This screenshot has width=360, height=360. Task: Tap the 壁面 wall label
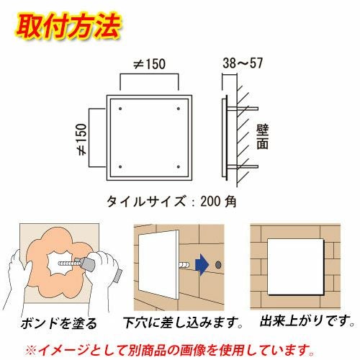(262, 137)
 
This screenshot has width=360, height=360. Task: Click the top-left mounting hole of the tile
(120, 109)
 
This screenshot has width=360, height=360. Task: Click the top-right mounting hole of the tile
(179, 109)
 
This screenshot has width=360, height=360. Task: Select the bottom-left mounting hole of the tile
(120, 167)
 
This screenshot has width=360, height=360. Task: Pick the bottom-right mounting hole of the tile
(179, 167)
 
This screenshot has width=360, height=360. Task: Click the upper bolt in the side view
(243, 109)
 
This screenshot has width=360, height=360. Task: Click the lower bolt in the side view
(243, 166)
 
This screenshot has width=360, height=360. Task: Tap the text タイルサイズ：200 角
(171, 201)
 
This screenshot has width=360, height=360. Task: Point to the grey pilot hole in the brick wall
(218, 265)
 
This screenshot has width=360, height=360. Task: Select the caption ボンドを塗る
(59, 323)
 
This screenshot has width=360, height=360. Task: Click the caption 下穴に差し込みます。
(183, 323)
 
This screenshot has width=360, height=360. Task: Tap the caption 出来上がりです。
(307, 320)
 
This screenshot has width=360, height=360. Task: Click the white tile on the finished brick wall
(296, 266)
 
